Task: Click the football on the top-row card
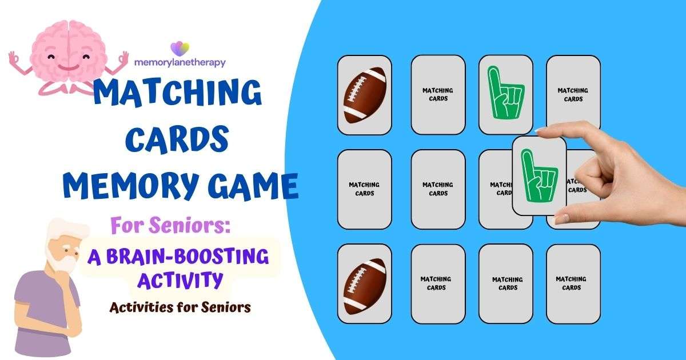click(x=364, y=95)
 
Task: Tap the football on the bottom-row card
click(x=364, y=283)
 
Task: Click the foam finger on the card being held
click(x=539, y=175)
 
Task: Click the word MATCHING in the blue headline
click(x=178, y=94)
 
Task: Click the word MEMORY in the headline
click(x=123, y=187)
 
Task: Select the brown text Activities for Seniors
click(x=180, y=307)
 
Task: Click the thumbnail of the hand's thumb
click(x=542, y=131)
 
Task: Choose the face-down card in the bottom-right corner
click(x=573, y=283)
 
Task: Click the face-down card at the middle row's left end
click(x=364, y=189)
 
